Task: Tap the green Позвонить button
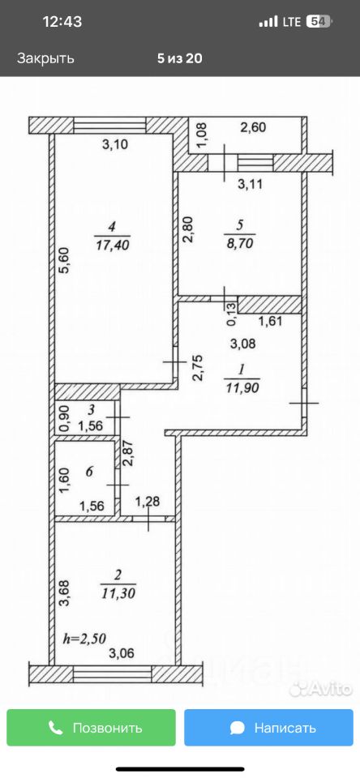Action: pyautogui.click(x=91, y=728)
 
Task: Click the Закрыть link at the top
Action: pyautogui.click(x=45, y=58)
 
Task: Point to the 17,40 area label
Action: pyautogui.click(x=111, y=245)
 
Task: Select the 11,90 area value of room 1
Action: pyautogui.click(x=242, y=386)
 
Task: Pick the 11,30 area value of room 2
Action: pyautogui.click(x=118, y=592)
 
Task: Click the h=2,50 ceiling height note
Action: pyautogui.click(x=84, y=638)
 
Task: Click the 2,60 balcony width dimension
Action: pyautogui.click(x=253, y=127)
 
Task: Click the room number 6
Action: pyautogui.click(x=89, y=472)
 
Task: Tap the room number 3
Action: pyautogui.click(x=92, y=410)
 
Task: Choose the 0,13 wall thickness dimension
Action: pyautogui.click(x=232, y=314)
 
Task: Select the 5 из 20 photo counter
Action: pyautogui.click(x=180, y=58)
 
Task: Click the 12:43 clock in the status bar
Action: pyautogui.click(x=62, y=22)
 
